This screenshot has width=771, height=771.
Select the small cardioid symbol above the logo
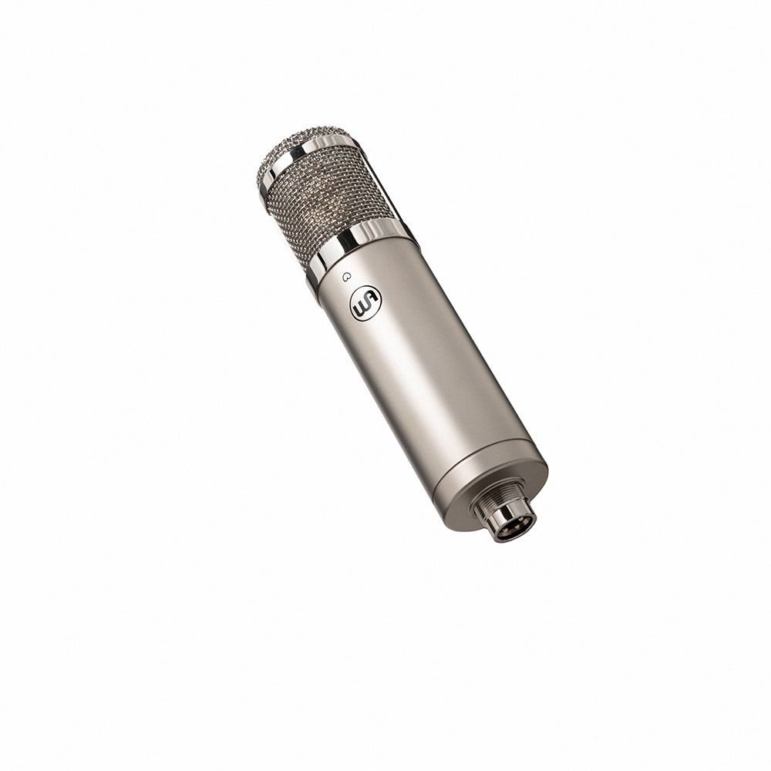tap(347, 277)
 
